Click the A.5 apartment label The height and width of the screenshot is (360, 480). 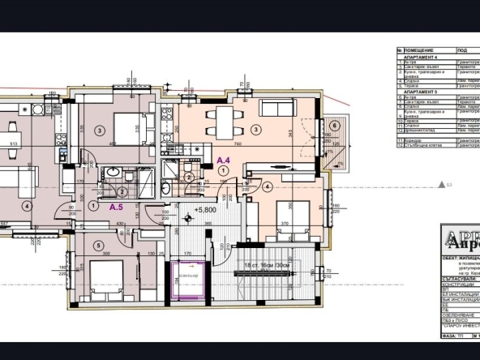pyautogui.click(x=117, y=207)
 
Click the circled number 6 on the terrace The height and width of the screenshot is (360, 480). pyautogui.click(x=335, y=126)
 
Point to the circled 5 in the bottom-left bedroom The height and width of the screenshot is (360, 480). pyautogui.click(x=98, y=245)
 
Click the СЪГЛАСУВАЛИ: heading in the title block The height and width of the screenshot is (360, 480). pyautogui.click(x=457, y=280)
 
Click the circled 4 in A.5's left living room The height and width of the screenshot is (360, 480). pyautogui.click(x=26, y=206)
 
